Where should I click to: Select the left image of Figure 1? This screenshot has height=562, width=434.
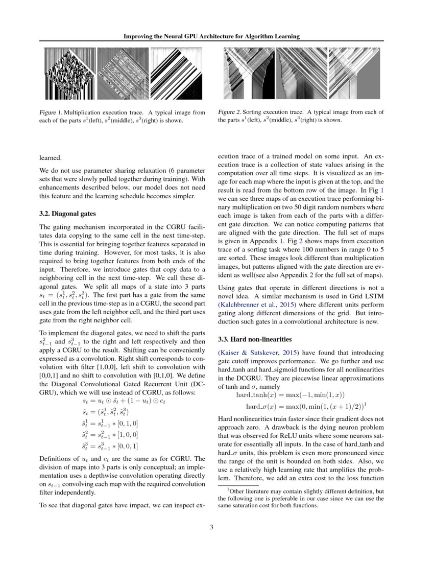tap(69, 74)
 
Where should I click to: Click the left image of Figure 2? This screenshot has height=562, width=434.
tap(250, 74)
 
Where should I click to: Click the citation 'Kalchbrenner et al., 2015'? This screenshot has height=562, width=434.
tap(251, 307)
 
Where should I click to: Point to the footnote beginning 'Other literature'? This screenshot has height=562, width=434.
tap(301, 499)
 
